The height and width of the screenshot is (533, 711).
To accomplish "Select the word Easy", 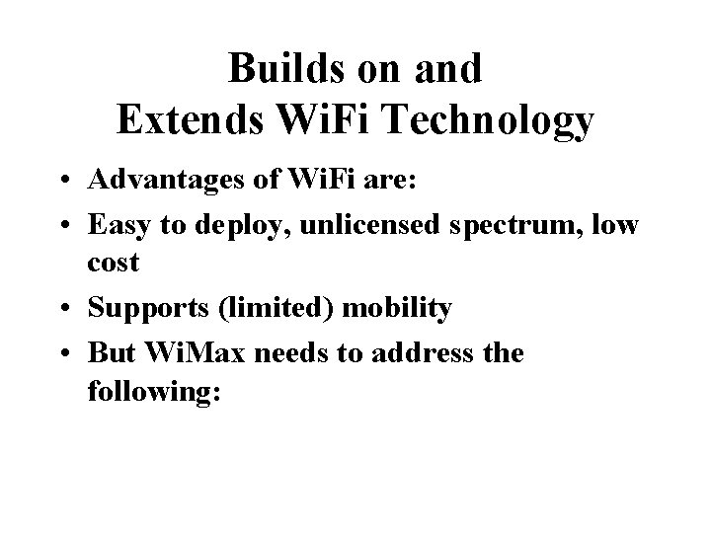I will point(115,226).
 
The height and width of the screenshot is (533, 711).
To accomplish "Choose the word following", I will point(157,388).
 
